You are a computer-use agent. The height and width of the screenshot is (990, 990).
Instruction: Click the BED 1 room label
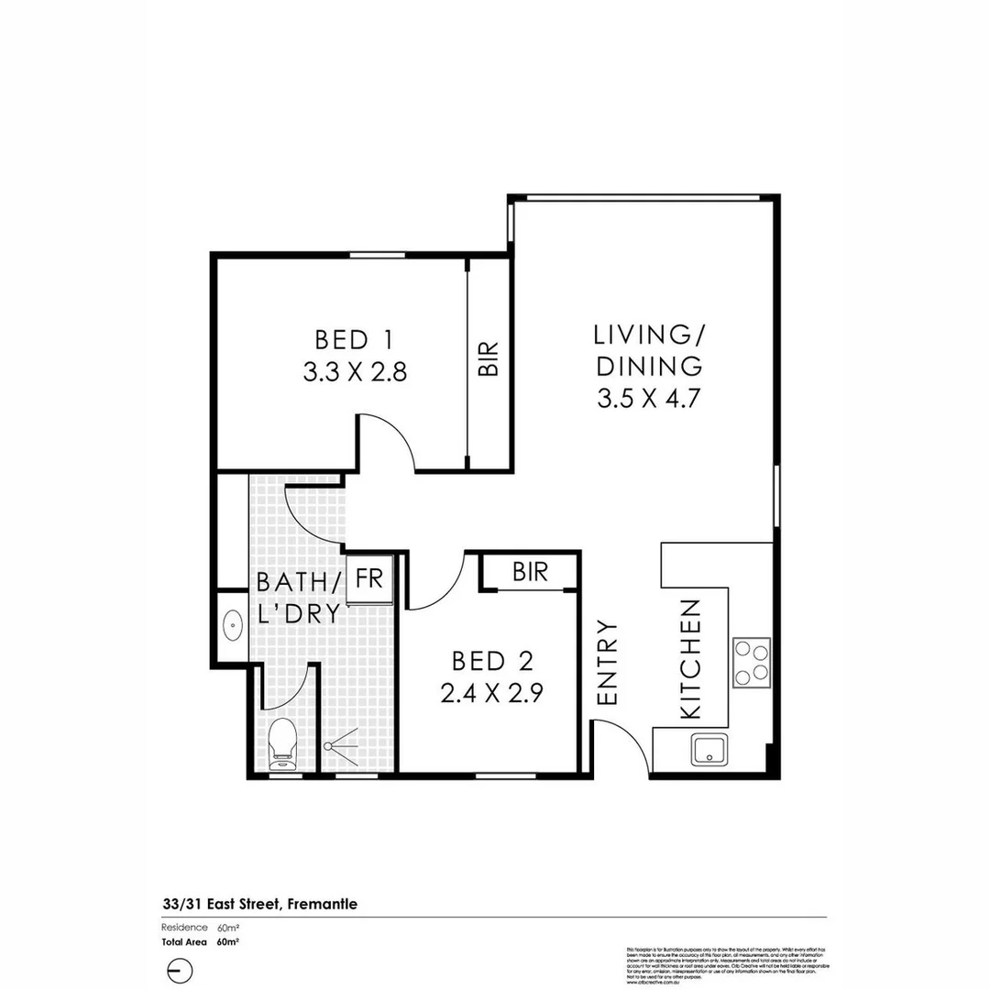coord(354,340)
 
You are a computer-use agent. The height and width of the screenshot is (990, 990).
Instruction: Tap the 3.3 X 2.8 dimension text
coord(354,373)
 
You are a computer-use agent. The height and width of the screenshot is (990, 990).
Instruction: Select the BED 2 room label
coord(492,660)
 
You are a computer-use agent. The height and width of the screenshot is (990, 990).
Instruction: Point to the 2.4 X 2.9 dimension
coord(492,693)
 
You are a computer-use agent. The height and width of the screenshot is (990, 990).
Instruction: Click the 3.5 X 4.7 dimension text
coord(649,399)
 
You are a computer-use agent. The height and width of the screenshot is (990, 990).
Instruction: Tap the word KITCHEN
coord(690,658)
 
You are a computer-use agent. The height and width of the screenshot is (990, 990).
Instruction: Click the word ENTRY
coord(608,663)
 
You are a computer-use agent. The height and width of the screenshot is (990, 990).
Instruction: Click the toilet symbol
coord(282,742)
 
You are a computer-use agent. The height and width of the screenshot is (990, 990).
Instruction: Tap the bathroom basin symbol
coord(233,628)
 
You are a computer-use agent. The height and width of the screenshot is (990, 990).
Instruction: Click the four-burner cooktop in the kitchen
coord(751,663)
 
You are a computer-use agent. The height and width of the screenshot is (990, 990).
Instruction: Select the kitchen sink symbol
coord(710,750)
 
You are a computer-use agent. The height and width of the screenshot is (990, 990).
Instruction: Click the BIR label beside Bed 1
coord(489,359)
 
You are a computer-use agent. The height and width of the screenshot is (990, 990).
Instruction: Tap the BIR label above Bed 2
coord(530,573)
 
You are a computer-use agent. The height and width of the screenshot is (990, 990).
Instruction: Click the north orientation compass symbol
coord(181,970)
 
